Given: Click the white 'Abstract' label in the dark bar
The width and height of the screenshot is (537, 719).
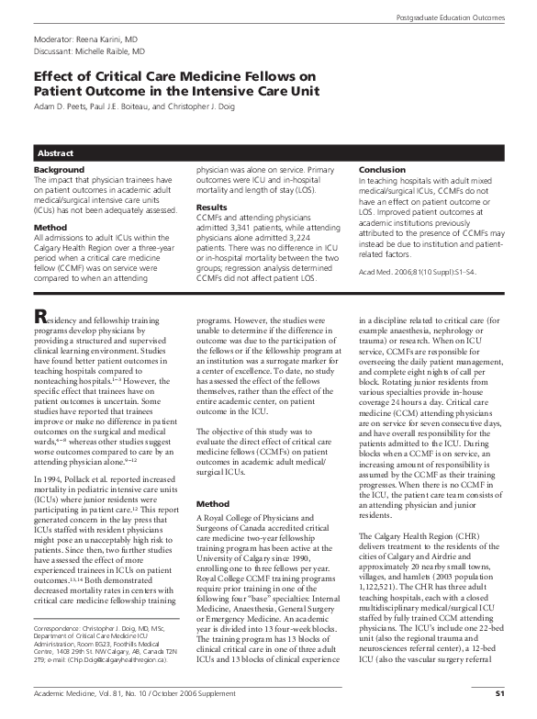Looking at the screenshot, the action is (55, 152).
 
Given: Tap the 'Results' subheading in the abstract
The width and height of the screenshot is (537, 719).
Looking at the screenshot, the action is (210, 208).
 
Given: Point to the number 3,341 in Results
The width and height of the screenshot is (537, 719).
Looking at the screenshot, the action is (233, 226).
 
